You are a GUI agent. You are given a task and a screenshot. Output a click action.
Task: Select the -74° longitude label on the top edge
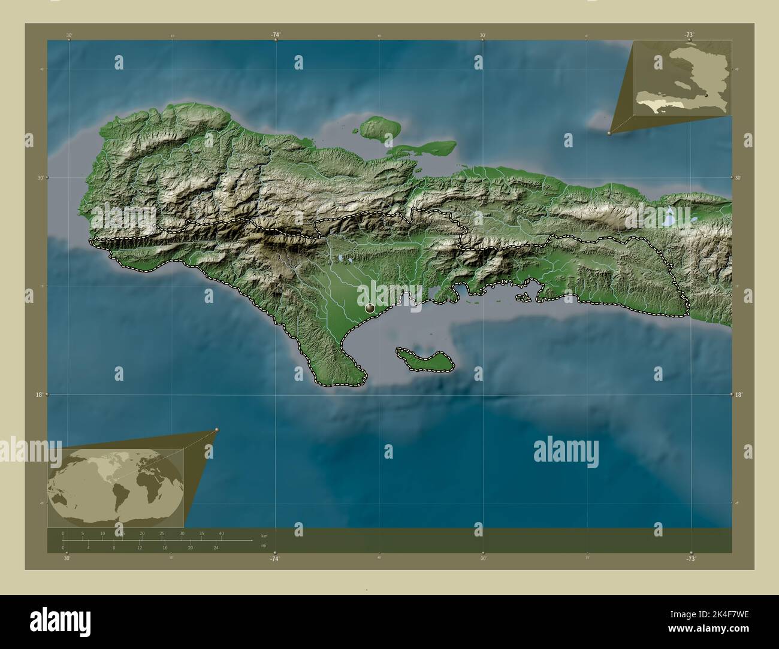click(x=275, y=35)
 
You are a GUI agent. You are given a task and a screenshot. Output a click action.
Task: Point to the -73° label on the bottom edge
click(x=690, y=559)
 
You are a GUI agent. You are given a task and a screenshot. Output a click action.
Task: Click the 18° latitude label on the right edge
click(x=738, y=395)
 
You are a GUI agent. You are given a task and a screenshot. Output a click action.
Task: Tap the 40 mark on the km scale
click(x=221, y=533)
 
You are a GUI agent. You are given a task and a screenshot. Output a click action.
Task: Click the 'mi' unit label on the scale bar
click(x=264, y=545)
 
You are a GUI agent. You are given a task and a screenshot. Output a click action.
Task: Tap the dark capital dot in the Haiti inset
click(x=706, y=95)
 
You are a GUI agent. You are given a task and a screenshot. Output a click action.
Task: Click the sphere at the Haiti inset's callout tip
click(x=609, y=134)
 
